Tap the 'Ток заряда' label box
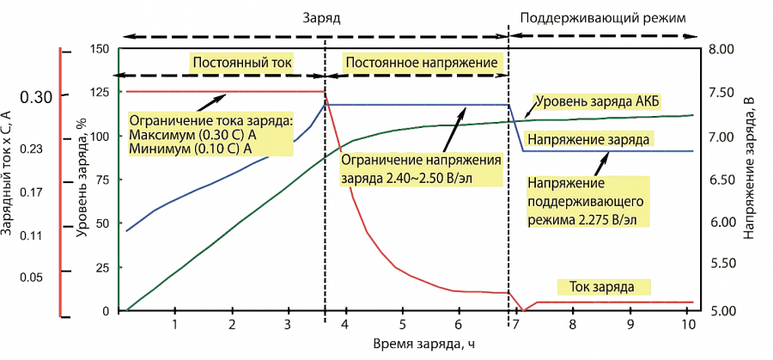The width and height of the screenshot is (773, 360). click(x=605, y=287)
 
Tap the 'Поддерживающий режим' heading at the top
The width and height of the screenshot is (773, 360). click(x=606, y=16)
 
